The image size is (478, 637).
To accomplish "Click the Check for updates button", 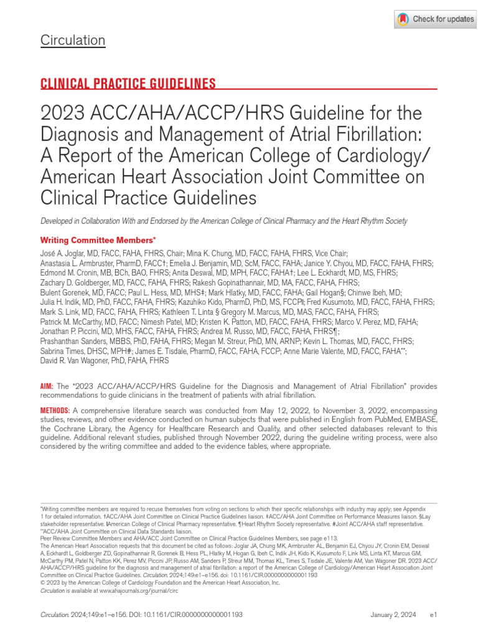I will pos(435,19).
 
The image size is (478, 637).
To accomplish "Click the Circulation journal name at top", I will pos(73,40).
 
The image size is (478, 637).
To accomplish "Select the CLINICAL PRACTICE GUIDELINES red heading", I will pos(128,83).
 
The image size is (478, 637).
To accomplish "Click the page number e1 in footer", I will pos(434,615).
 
